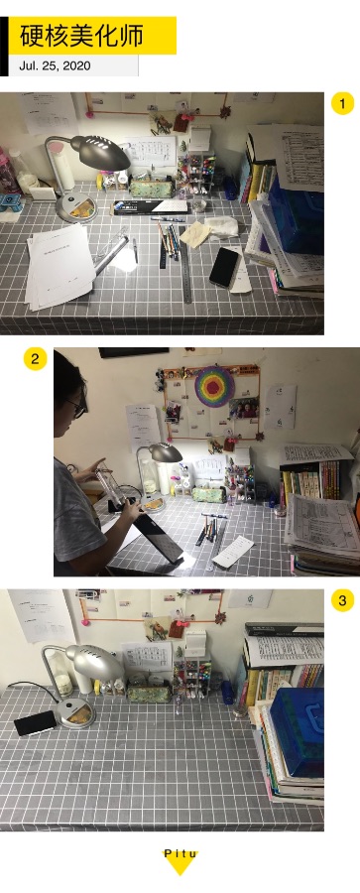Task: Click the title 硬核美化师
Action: pyautogui.click(x=81, y=36)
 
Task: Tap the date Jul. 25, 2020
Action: pyautogui.click(x=55, y=65)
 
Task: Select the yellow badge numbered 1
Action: pyautogui.click(x=342, y=103)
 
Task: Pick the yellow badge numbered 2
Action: pyautogui.click(x=36, y=359)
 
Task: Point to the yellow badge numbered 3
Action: pyautogui.click(x=342, y=600)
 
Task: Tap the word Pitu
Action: pyautogui.click(x=180, y=853)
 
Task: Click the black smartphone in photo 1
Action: pyautogui.click(x=224, y=267)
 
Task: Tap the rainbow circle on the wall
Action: pyautogui.click(x=215, y=386)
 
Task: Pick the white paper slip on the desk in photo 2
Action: pyautogui.click(x=232, y=550)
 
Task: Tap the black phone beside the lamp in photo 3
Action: pyautogui.click(x=36, y=722)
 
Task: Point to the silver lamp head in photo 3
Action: pyautogui.click(x=94, y=661)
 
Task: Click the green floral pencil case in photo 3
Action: pyautogui.click(x=149, y=694)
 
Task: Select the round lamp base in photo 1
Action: pyautogui.click(x=77, y=208)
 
